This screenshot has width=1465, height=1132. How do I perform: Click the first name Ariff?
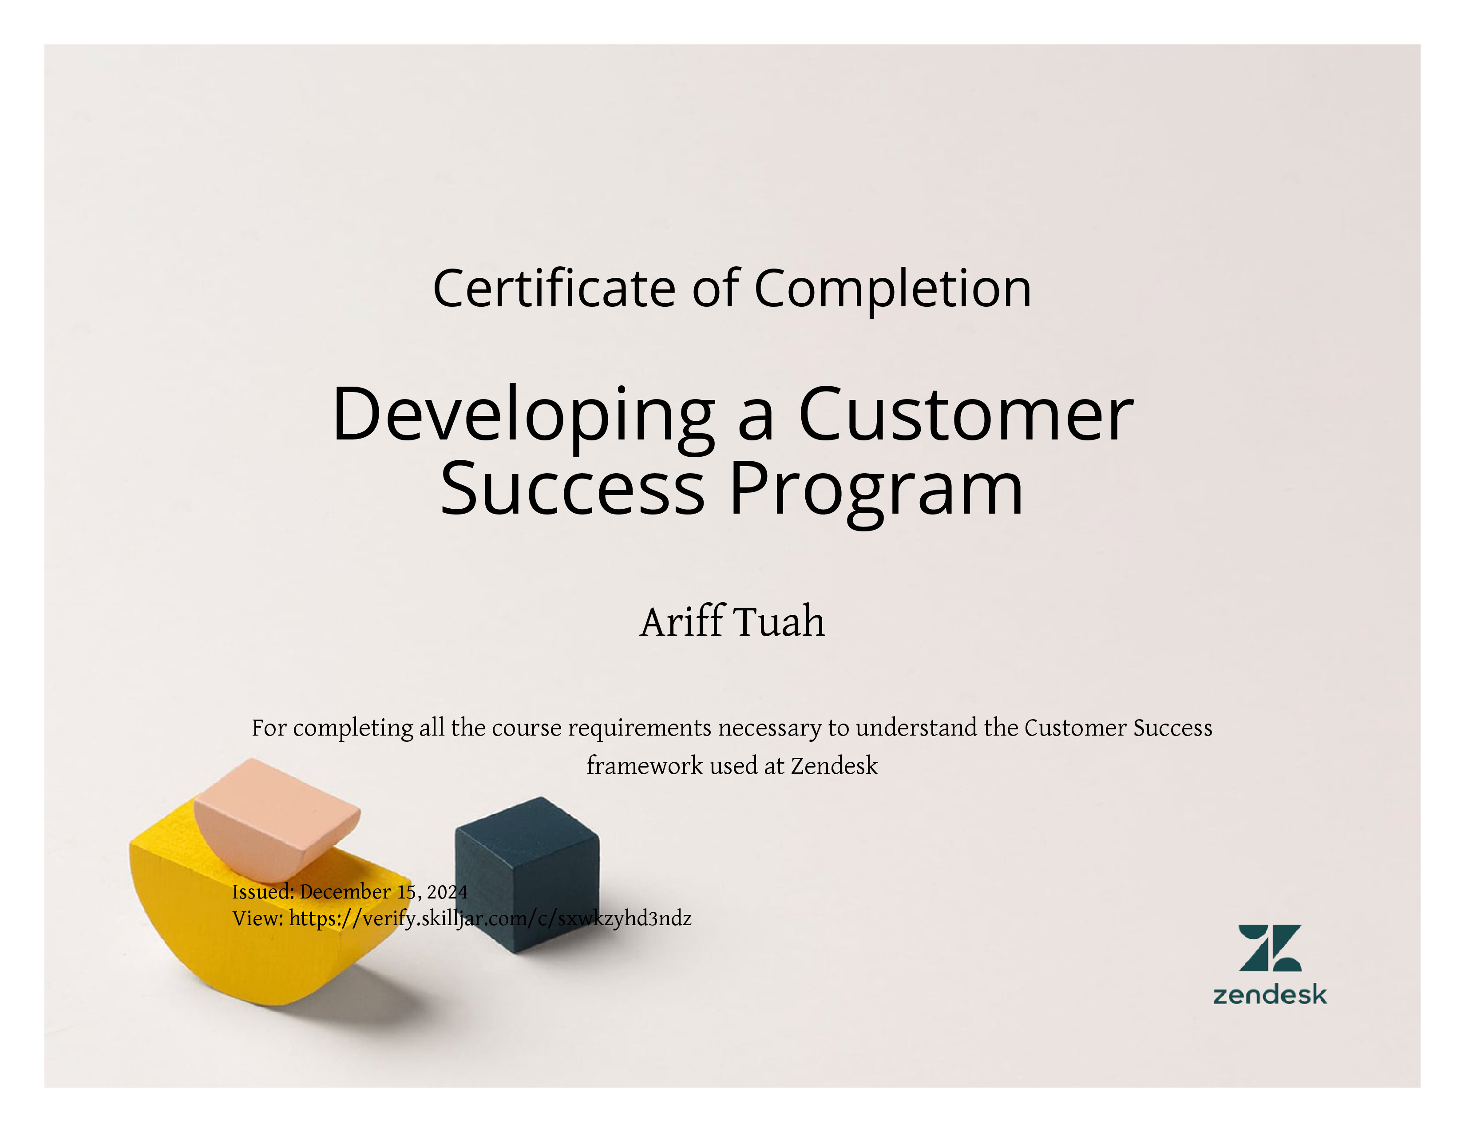tap(684, 621)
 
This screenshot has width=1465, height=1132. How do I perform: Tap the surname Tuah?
tap(781, 621)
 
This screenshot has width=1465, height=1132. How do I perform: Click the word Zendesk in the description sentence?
tap(834, 765)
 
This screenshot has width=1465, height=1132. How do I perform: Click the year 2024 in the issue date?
tap(447, 892)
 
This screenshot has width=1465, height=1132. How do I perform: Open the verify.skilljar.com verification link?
tap(490, 918)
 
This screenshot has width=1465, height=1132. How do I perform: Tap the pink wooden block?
tap(277, 819)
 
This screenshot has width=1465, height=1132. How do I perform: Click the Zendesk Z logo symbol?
tap(1270, 948)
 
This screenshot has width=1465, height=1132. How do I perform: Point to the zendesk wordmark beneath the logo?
tap(1270, 994)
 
